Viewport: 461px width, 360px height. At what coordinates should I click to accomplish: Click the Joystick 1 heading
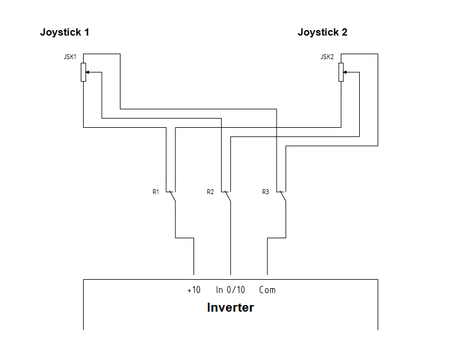click(64, 33)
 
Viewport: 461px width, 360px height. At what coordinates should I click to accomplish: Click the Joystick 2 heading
click(322, 33)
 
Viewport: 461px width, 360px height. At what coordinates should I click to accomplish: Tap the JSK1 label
click(70, 57)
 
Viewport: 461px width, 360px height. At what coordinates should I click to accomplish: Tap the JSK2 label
click(327, 57)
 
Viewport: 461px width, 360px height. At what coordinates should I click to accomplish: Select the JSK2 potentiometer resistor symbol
click(341, 72)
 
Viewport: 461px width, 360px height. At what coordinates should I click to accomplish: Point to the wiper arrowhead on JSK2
click(345, 72)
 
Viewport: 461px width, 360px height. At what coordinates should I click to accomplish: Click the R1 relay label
click(155, 192)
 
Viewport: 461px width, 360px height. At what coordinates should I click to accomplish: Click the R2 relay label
click(210, 192)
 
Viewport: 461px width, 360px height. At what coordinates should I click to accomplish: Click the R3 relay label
click(265, 192)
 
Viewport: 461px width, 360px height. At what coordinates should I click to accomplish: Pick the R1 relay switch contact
click(172, 197)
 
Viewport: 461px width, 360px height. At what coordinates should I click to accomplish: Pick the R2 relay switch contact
click(227, 197)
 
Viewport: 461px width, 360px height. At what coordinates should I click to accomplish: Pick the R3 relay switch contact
click(282, 197)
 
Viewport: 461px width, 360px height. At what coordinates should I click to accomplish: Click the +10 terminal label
click(193, 290)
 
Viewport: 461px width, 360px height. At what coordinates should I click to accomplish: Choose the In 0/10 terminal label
click(231, 290)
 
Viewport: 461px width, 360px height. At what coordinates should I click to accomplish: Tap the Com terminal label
click(268, 290)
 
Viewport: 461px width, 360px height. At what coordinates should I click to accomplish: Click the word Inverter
click(230, 308)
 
